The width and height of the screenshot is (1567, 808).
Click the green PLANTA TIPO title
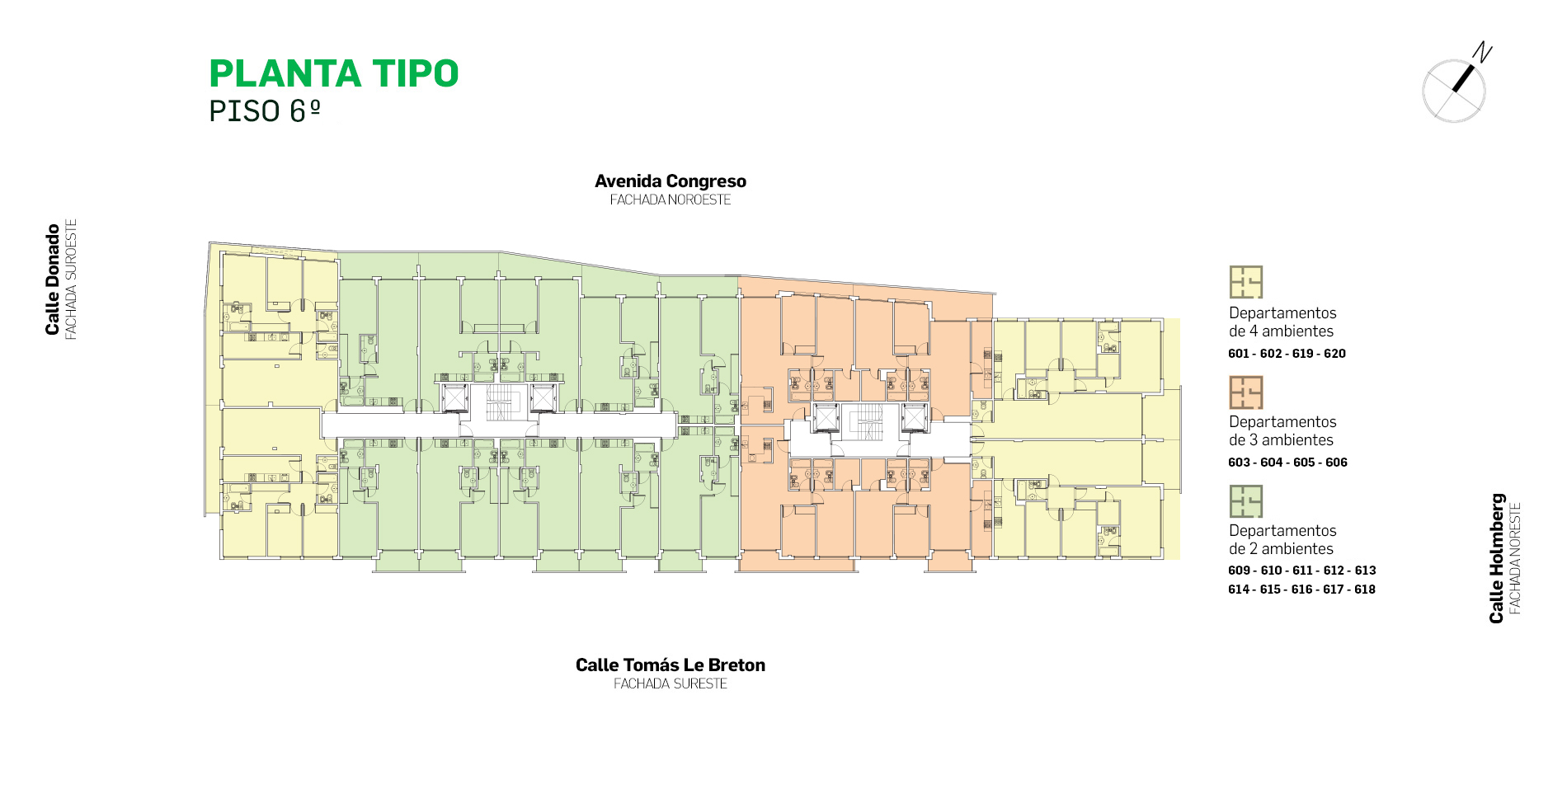click(334, 73)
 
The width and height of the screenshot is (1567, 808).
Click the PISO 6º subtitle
click(265, 111)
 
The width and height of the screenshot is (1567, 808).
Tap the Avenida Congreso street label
click(671, 181)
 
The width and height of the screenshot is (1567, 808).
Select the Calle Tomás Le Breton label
click(671, 665)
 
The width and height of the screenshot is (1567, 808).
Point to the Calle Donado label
click(53, 280)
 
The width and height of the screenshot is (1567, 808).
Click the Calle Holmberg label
click(1497, 558)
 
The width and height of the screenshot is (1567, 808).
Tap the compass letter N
click(1483, 52)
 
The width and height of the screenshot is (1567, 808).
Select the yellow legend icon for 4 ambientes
click(1246, 282)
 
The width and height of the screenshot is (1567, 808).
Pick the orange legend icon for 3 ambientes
click(1246, 392)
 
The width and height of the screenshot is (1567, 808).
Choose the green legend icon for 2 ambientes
click(1246, 501)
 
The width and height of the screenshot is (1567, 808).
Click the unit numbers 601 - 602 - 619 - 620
click(1287, 354)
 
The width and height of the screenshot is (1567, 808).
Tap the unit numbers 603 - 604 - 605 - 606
click(1287, 463)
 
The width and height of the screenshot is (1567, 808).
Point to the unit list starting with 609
click(1302, 571)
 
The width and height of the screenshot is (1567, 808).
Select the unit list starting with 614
click(1301, 590)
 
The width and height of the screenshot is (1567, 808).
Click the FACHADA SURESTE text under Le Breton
click(671, 684)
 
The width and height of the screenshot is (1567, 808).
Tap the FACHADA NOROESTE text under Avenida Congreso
click(671, 200)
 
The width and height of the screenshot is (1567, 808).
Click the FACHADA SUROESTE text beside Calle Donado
click(71, 280)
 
